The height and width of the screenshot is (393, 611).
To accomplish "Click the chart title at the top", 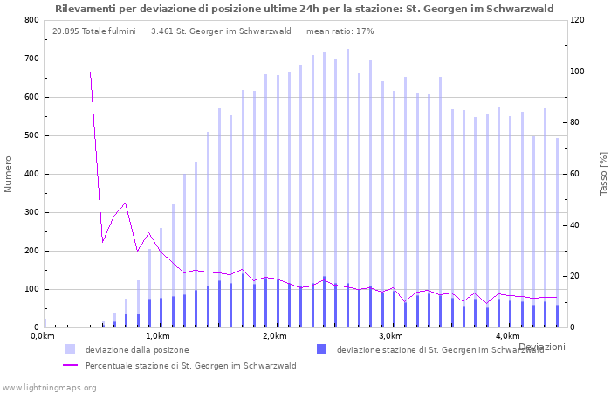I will click(304, 9).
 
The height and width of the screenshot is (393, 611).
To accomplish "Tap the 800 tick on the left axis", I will click(31, 20).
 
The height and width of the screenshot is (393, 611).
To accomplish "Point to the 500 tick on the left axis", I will click(31, 135).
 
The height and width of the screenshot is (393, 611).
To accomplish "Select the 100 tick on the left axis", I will click(31, 289).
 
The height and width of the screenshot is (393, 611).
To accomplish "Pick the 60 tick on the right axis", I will click(578, 174).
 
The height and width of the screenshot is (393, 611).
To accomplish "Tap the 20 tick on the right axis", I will click(578, 276).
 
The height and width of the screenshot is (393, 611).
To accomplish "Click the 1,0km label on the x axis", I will click(158, 336).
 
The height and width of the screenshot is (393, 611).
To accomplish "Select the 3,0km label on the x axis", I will click(390, 336).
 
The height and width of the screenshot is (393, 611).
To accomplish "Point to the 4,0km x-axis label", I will click(507, 336).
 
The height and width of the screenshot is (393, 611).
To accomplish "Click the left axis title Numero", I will click(9, 174).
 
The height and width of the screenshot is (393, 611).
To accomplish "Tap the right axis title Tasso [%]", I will click(602, 174).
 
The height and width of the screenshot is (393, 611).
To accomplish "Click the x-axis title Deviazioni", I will click(542, 347).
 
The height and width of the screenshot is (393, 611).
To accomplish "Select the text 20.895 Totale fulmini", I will click(93, 31).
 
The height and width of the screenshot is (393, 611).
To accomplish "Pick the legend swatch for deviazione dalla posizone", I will click(70, 349).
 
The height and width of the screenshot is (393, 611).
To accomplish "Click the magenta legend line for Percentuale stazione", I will click(70, 366).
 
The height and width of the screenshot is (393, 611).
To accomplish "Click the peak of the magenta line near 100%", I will click(90, 72).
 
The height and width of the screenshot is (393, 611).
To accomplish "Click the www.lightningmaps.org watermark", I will click(49, 387).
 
